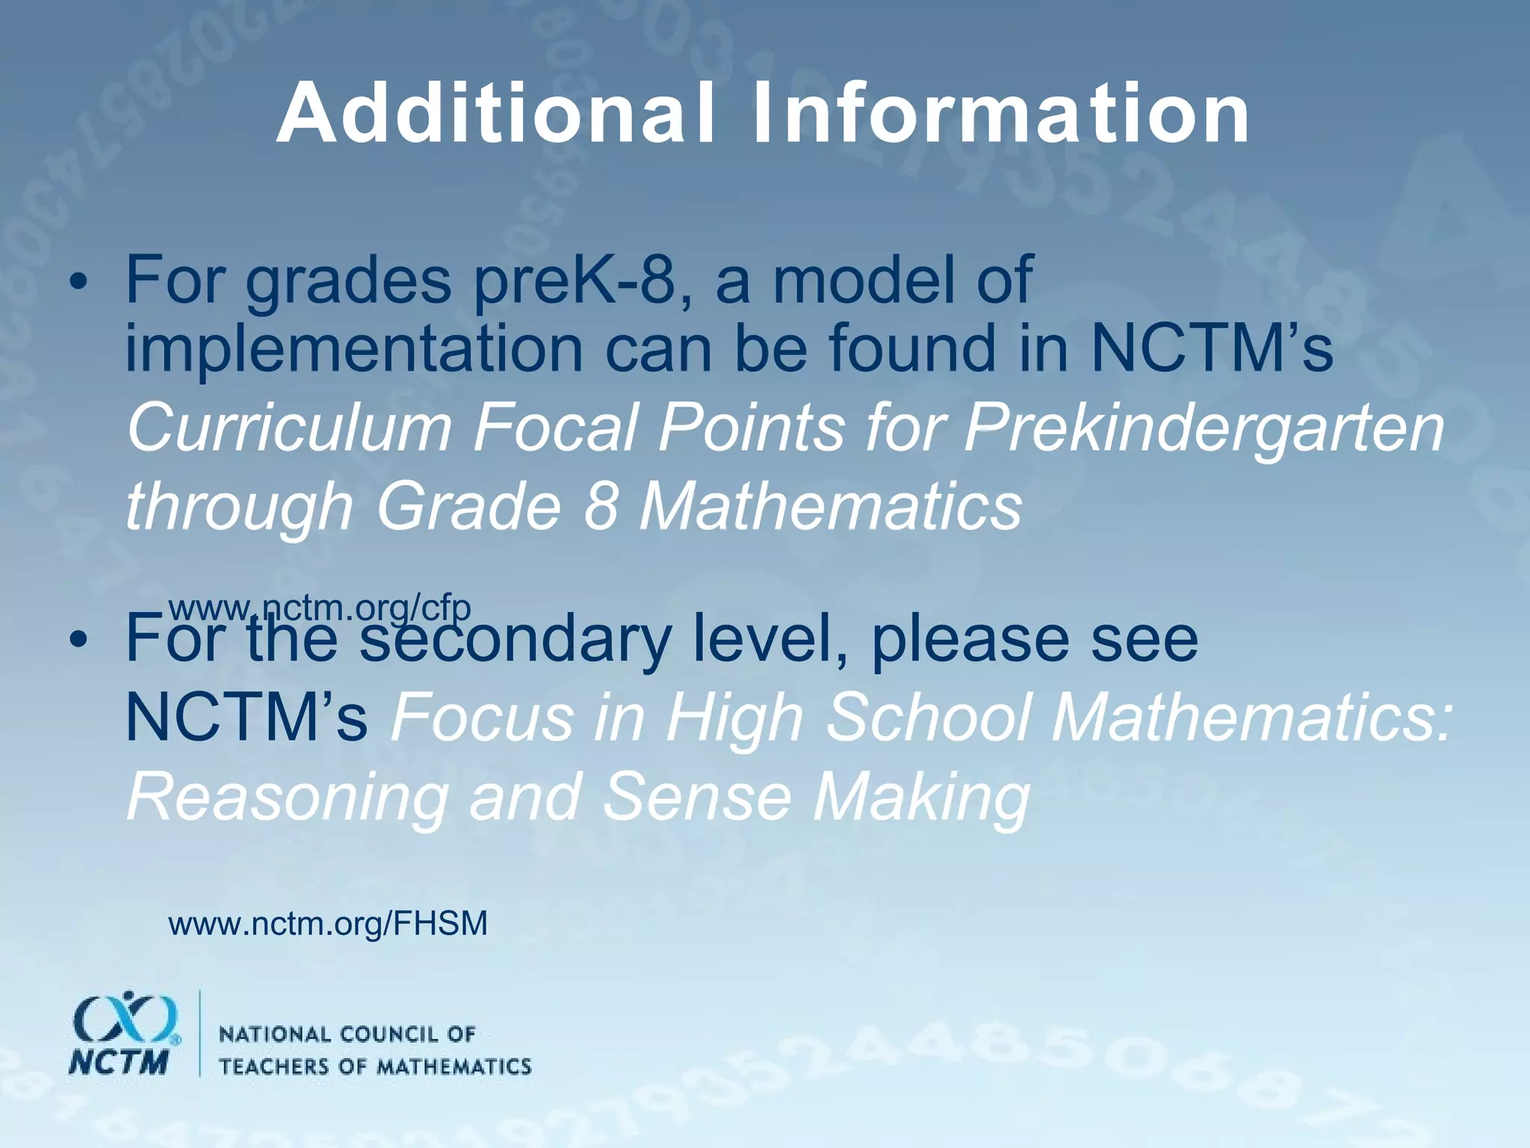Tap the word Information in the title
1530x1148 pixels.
pos(1001,114)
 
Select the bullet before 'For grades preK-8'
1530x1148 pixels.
pos(78,283)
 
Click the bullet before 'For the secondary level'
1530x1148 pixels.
pos(78,641)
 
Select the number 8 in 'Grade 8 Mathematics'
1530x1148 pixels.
pos(601,506)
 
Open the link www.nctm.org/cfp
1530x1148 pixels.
pos(320,608)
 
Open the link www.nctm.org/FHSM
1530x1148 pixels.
pos(328,924)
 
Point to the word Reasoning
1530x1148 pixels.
pos(288,797)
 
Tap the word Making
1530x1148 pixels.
pos(922,796)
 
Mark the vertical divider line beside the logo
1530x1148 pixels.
pos(199,1033)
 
